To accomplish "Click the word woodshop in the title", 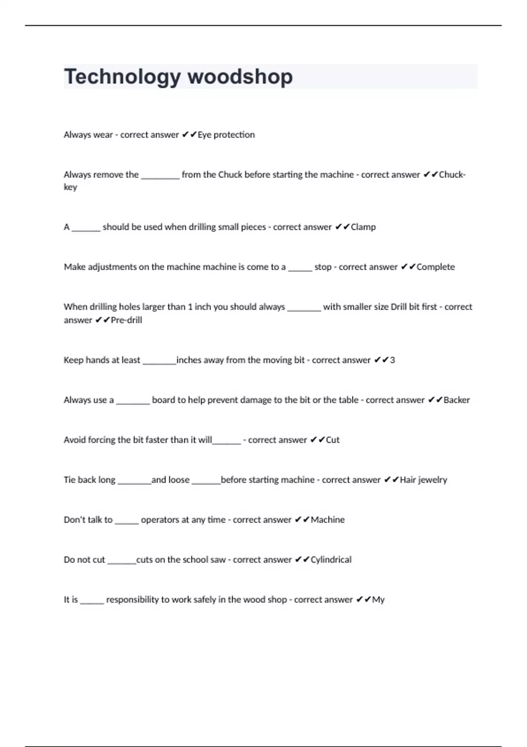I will (x=240, y=77).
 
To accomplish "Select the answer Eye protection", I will (x=226, y=135).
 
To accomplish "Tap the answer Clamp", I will (x=363, y=227).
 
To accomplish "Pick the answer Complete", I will (x=435, y=267).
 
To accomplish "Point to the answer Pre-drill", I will (x=126, y=320).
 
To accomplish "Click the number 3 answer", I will (x=392, y=360).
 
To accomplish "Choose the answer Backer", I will (x=456, y=400).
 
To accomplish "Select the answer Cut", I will (x=332, y=440).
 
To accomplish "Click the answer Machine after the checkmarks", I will (x=328, y=520).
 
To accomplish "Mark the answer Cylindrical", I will (x=331, y=560).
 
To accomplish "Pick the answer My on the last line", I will (x=378, y=600).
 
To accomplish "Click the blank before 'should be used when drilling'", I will (x=86, y=229).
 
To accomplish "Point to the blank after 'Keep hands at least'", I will (x=159, y=363).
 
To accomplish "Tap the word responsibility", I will (x=133, y=600).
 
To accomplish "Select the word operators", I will (x=159, y=520).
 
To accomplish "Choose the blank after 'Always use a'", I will (x=133, y=403).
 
